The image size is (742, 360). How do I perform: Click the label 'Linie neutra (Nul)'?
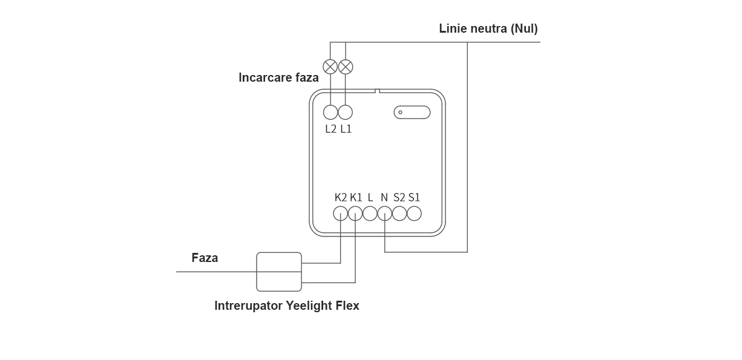(488, 29)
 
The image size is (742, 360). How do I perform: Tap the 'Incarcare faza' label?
(278, 77)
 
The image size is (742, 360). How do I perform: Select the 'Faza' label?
(205, 258)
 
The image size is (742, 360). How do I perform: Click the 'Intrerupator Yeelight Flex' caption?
(287, 306)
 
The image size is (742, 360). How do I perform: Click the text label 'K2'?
(341, 197)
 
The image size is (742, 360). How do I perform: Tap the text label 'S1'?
(414, 197)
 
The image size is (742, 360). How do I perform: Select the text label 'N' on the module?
(384, 197)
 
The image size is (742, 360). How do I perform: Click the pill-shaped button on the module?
(412, 113)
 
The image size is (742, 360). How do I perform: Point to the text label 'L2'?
(330, 129)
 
